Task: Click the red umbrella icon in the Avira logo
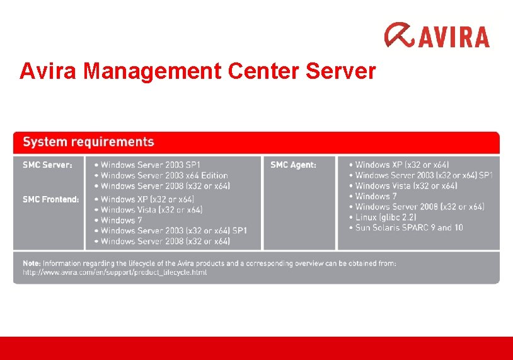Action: point(399,35)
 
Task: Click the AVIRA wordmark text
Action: point(452,37)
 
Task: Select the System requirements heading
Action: point(88,142)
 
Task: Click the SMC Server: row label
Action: point(47,165)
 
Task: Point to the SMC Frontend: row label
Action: point(50,199)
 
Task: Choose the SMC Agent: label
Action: point(293,165)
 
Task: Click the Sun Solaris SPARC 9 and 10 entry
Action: point(408,228)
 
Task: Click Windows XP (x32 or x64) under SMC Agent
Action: point(401,165)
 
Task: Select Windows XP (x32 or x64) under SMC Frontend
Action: point(147,199)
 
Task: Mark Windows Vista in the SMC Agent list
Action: point(406,186)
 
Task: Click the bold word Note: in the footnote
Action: point(33,263)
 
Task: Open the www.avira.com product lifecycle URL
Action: point(115,272)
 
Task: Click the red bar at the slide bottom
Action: point(256,348)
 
